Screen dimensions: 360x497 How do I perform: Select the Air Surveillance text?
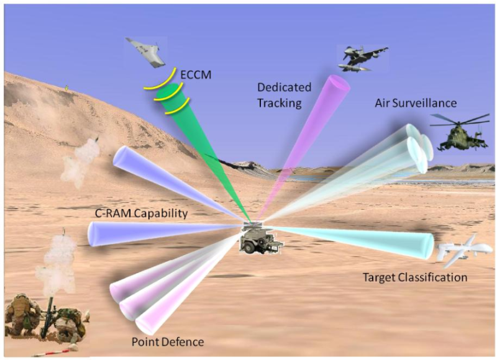[x=416, y=103]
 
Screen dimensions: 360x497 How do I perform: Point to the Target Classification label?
[x=414, y=277]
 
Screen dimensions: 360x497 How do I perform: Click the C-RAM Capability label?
[x=141, y=214]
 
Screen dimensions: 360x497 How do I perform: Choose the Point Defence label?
[x=167, y=342]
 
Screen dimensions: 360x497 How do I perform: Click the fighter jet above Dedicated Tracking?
[x=361, y=58]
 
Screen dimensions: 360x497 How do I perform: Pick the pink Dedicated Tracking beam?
[x=311, y=130]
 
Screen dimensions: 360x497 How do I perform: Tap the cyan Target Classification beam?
[x=360, y=239]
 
